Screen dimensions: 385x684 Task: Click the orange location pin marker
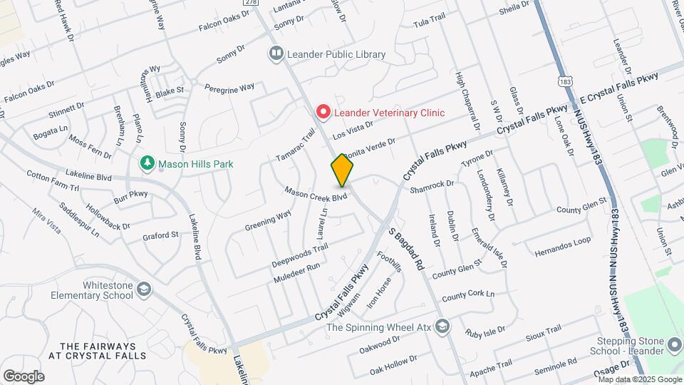(x=342, y=170)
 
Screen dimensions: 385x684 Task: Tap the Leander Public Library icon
(x=275, y=53)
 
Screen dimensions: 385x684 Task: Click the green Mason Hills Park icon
(x=147, y=163)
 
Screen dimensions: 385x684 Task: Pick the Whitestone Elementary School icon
(x=145, y=289)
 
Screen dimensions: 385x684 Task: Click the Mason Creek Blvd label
(x=316, y=193)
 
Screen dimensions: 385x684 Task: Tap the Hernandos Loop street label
(x=562, y=241)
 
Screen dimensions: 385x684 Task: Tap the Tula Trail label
(x=429, y=23)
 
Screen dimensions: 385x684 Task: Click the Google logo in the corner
(x=24, y=376)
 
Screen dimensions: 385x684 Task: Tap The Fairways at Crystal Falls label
(x=98, y=349)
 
